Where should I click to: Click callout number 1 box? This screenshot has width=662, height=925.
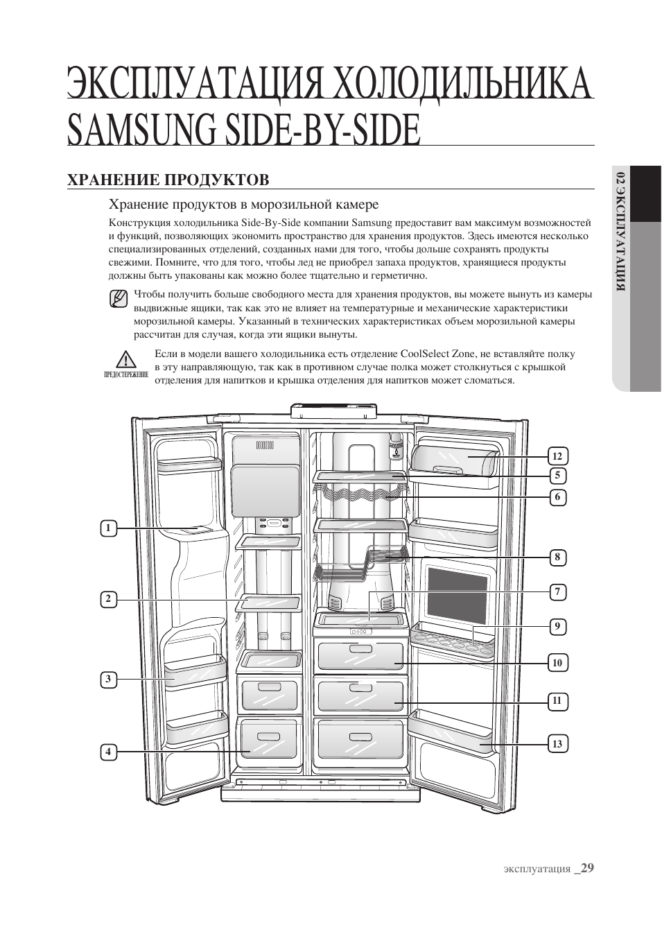[107, 528]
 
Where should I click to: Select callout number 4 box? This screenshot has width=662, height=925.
[107, 752]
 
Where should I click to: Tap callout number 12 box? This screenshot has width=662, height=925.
[557, 456]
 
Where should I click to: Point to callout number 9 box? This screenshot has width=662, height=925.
[557, 627]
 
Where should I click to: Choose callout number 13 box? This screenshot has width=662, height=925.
[557, 744]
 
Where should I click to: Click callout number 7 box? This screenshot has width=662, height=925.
[557, 592]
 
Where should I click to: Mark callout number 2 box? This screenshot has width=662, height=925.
[107, 599]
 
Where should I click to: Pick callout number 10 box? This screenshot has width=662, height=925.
[557, 663]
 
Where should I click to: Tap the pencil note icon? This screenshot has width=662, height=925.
[119, 300]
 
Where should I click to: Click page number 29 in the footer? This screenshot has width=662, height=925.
[588, 868]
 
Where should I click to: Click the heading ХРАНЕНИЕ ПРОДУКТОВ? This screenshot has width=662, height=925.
[168, 180]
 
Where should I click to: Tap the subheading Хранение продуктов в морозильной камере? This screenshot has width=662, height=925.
[243, 205]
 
